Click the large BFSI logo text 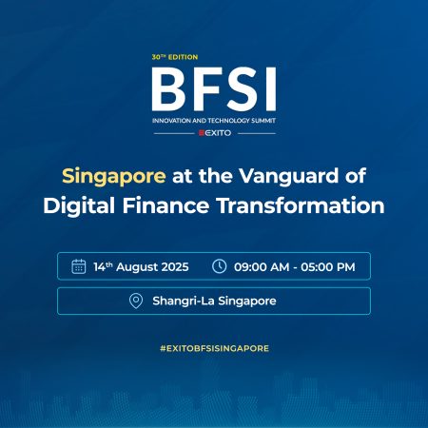pyautogui.click(x=214, y=89)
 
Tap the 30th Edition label pyautogui.click(x=175, y=57)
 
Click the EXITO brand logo pyautogui.click(x=215, y=133)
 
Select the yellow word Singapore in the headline pyautogui.click(x=114, y=176)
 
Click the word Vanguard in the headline pyautogui.click(x=288, y=175)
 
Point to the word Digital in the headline pyautogui.click(x=79, y=205)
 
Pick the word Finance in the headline pyautogui.click(x=165, y=205)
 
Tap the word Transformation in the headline pyautogui.click(x=301, y=205)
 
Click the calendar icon pyautogui.click(x=79, y=266)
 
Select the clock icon pyautogui.click(x=219, y=266)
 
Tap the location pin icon pyautogui.click(x=136, y=301)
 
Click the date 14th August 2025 pyautogui.click(x=141, y=267)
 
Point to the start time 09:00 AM pyautogui.click(x=262, y=267)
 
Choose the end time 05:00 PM pyautogui.click(x=328, y=267)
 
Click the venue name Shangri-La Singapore pyautogui.click(x=214, y=301)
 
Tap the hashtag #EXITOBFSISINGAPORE pyautogui.click(x=214, y=348)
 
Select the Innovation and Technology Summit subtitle pyautogui.click(x=214, y=121)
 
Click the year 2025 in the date pyautogui.click(x=175, y=267)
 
